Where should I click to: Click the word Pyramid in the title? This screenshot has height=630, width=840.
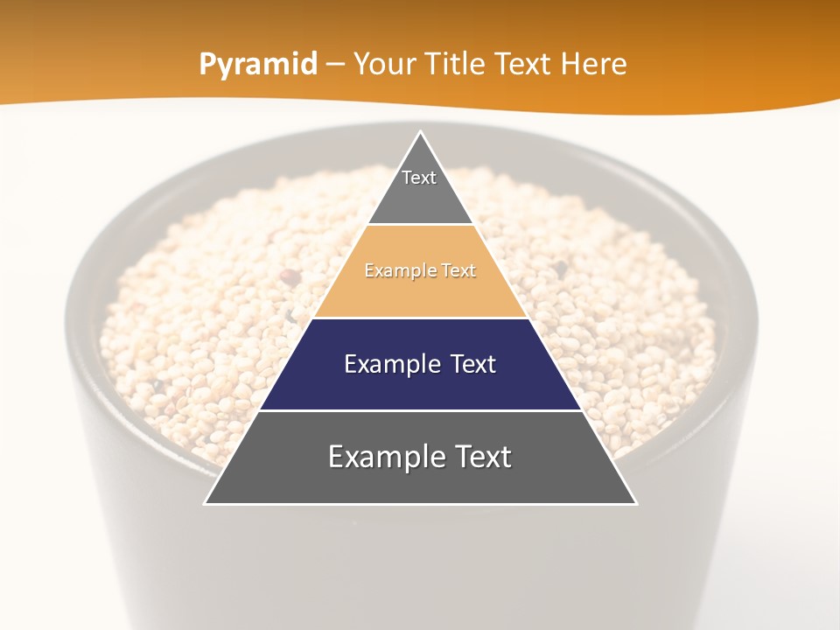258,65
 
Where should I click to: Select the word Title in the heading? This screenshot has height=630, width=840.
459,65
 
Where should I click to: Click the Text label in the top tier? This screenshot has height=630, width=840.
419,178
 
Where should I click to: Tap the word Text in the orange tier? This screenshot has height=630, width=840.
458,271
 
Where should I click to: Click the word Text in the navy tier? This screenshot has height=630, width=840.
473,364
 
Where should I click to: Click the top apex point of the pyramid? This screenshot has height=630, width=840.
421,132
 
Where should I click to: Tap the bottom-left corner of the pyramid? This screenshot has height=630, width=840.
206,503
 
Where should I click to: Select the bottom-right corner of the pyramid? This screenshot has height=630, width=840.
635,503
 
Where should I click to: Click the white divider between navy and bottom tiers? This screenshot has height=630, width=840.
421,410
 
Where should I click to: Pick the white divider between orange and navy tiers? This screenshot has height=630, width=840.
421,318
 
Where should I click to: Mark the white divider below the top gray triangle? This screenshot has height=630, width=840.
421,224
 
